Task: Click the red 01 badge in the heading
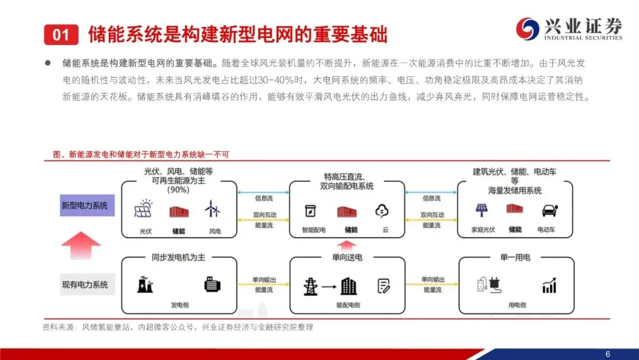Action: pyautogui.click(x=61, y=34)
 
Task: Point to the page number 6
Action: pyautogui.click(x=608, y=354)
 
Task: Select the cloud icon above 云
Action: pyautogui.click(x=382, y=210)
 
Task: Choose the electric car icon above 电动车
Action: pyautogui.click(x=549, y=210)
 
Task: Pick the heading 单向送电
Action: pyautogui.click(x=347, y=258)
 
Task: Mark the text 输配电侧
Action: pyautogui.click(x=347, y=305)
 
